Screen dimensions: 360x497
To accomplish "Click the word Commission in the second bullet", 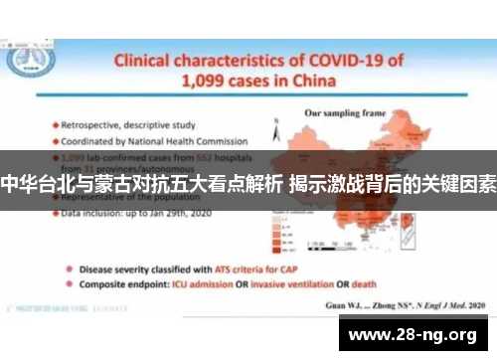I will [x=222, y=140].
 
